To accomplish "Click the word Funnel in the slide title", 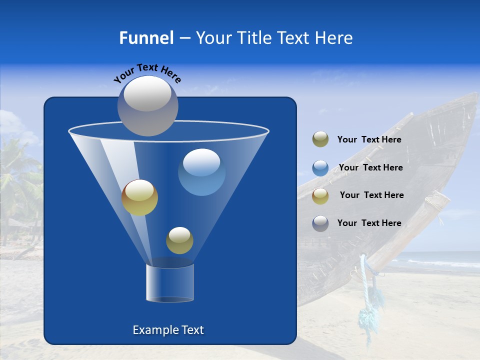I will pos(146,38).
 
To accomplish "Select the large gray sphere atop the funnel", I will pos(148,105).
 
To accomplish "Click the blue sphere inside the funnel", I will pos(201,172).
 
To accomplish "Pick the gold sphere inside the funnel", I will pos(140,197).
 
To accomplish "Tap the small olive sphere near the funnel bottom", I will pos(179,240).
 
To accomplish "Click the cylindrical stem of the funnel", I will pos(170,283).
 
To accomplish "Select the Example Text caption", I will pos(168,330).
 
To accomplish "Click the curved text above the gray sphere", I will pos(147,72).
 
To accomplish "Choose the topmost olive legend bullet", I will pos(320,139).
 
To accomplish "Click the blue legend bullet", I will pos(320,167).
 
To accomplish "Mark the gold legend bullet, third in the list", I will pos(320,195).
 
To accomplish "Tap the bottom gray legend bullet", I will pos(320,223).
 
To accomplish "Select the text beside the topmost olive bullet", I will pos(369,140).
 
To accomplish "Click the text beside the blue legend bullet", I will pos(370,168).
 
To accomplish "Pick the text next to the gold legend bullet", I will pos(371,195).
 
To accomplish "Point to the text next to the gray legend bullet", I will pos(369,223).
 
